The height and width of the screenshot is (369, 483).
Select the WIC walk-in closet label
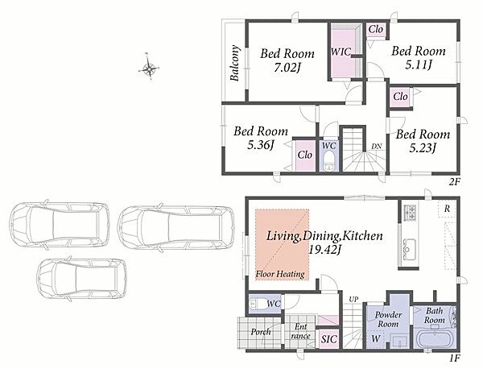point(341,52)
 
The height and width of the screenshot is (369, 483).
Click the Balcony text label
point(235,63)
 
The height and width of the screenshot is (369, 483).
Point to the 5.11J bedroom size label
point(419,65)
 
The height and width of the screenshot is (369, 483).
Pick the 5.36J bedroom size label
point(261,145)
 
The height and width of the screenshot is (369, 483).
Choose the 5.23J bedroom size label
point(423,148)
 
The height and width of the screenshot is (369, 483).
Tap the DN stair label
point(376,147)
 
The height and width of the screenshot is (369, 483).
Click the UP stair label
point(353,299)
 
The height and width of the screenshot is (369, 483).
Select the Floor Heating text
point(280,274)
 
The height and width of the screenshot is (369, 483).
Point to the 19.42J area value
point(324,250)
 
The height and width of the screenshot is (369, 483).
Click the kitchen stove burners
point(410,213)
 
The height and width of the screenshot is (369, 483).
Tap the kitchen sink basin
point(410,249)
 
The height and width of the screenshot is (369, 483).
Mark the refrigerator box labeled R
point(447,209)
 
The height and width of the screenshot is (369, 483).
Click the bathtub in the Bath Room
point(435,338)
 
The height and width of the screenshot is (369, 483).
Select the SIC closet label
point(329,339)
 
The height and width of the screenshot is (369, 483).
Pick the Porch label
point(261,332)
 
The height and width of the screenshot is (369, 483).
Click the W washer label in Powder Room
point(375,339)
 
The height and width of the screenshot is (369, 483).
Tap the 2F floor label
point(454,182)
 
